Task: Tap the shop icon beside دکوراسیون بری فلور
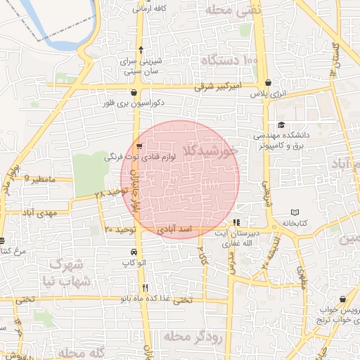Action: point(134,91)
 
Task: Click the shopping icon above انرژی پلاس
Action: point(268,82)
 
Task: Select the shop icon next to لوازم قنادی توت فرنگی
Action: point(140,147)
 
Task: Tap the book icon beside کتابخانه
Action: point(295,212)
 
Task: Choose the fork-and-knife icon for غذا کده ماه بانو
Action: point(145,287)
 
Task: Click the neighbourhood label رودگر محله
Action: point(193,337)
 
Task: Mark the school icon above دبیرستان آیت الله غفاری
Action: point(236,222)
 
